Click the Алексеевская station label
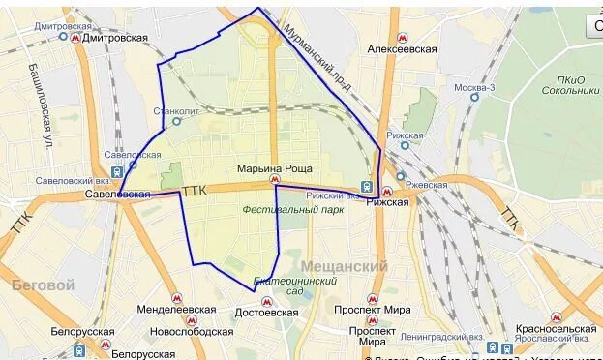click(402, 48)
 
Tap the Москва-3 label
click(474, 88)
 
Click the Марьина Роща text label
click(275, 168)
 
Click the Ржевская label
click(426, 184)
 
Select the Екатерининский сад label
click(280, 285)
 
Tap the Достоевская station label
click(266, 314)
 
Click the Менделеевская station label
click(177, 310)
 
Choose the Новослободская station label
click(192, 332)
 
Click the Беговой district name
click(43, 285)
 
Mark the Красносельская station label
click(556, 329)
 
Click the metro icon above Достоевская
click(267, 301)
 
